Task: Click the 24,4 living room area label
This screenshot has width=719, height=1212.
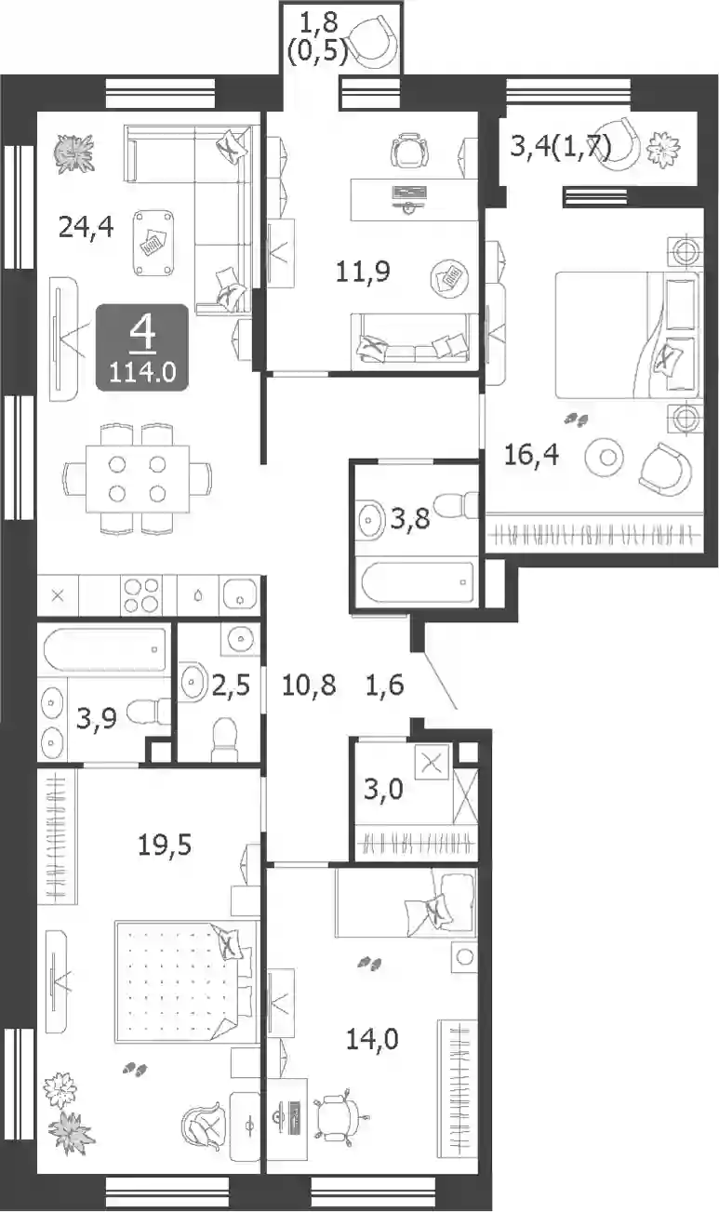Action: click(86, 227)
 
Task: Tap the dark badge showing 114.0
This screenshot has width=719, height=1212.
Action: click(142, 347)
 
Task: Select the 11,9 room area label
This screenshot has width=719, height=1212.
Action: click(363, 271)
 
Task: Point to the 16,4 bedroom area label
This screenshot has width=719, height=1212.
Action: click(531, 455)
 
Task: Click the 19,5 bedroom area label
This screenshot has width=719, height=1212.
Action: click(165, 845)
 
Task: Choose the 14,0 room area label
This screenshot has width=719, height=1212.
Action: click(372, 1039)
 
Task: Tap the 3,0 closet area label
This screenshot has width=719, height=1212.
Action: click(383, 790)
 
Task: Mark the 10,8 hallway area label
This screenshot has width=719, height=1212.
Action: click(309, 685)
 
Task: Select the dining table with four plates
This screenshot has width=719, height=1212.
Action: click(138, 479)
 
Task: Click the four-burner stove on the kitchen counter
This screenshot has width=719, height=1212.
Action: click(142, 595)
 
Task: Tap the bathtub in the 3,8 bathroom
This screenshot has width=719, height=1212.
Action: click(417, 582)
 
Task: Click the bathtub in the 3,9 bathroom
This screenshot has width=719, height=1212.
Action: click(104, 649)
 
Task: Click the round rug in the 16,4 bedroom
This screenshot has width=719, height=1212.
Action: click(605, 458)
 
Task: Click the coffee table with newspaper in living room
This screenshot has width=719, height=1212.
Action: click(154, 243)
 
